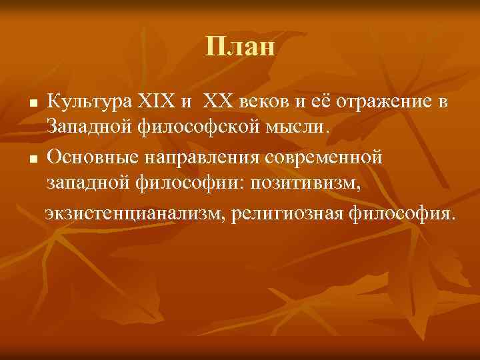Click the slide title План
pyautogui.click(x=240, y=47)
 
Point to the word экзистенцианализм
pyautogui.click(x=134, y=215)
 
